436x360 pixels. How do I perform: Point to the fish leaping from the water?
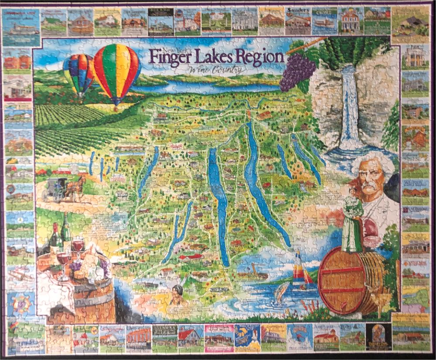pos(282,292)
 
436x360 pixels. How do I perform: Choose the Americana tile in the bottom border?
pos(326,336)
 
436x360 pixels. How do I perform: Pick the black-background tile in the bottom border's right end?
pos(378,336)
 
